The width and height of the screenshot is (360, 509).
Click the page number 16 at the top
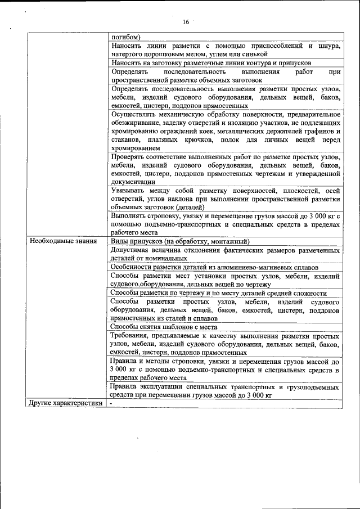pos(186,22)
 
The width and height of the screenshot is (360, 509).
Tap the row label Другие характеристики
pos(65,403)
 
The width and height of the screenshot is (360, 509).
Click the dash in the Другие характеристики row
pos(112,403)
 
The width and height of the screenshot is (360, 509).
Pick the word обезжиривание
pos(135,123)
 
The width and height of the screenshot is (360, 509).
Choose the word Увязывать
pos(129,191)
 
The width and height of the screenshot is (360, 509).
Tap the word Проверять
pos(129,156)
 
